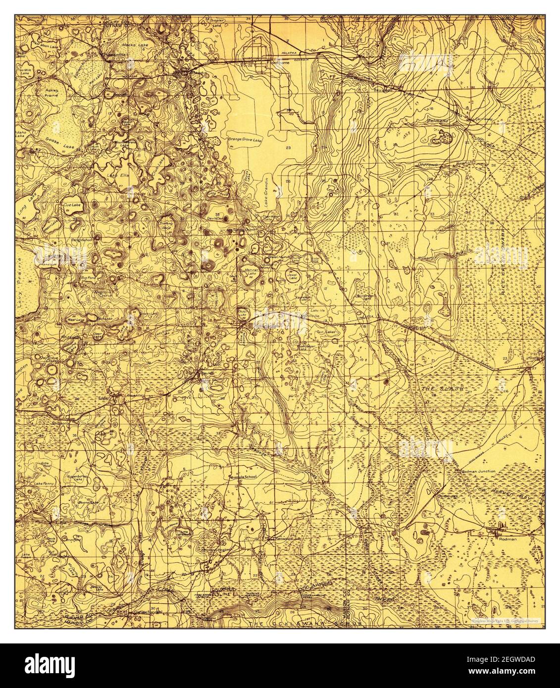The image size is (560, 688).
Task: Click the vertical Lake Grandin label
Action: coord(265,191)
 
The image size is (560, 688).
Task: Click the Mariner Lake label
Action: coord(253,272)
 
